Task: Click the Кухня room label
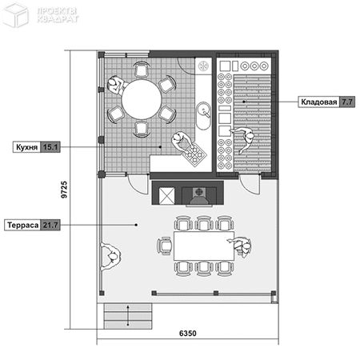pyautogui.click(x=26, y=147)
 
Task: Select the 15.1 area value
pyautogui.click(x=50, y=147)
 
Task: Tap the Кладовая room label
pyautogui.click(x=319, y=102)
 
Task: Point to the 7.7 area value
pyautogui.click(x=347, y=102)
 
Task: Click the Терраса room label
pyautogui.click(x=23, y=225)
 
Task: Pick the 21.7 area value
pyautogui.click(x=50, y=225)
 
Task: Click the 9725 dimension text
pyautogui.click(x=64, y=190)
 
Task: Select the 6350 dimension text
pyautogui.click(x=188, y=334)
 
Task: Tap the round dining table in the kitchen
pyautogui.click(x=142, y=99)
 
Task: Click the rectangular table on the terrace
pyautogui.click(x=204, y=246)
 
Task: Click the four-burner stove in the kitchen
pyautogui.click(x=194, y=154)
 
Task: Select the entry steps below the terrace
pyautogui.click(x=128, y=316)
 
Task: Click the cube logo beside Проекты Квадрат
pyautogui.click(x=15, y=15)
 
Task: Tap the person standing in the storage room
pyautogui.click(x=244, y=139)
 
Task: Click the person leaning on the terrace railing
pyautogui.click(x=110, y=257)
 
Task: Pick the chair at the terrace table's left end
pyautogui.click(x=165, y=246)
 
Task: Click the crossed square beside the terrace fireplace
pyautogui.click(x=166, y=196)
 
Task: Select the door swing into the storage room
pyautogui.click(x=250, y=184)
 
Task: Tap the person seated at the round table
pyautogui.click(x=116, y=85)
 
